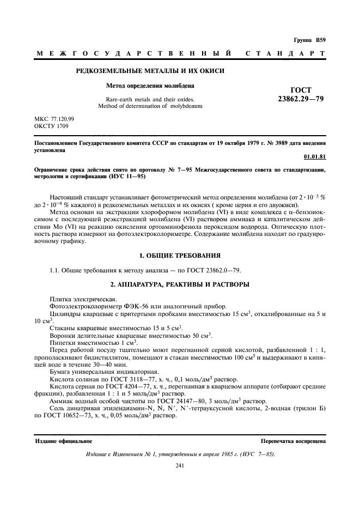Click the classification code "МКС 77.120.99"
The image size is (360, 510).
click(55, 119)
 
